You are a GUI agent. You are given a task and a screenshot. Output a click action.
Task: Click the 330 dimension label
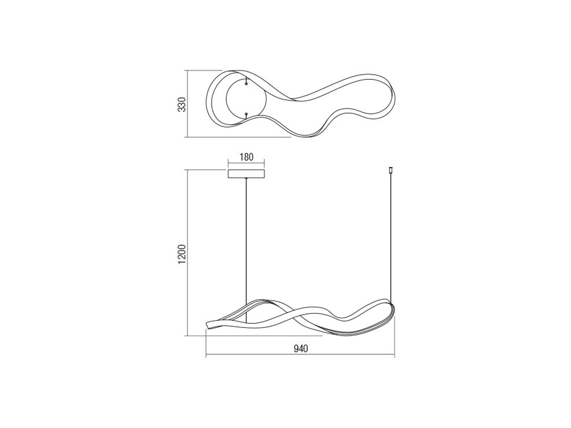[182, 104]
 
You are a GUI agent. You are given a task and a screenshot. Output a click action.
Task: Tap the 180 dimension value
[246, 157]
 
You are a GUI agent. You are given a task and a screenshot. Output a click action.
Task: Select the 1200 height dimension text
[182, 254]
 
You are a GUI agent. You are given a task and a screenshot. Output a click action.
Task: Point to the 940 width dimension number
[301, 349]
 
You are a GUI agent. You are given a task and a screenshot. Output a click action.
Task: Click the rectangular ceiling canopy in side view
[246, 174]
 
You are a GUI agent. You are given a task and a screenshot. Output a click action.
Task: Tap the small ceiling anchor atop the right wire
[390, 170]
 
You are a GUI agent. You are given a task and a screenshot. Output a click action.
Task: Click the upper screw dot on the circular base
[246, 84]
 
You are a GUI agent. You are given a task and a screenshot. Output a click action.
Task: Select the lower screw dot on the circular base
[246, 114]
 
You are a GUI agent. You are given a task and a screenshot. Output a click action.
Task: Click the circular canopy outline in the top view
[226, 99]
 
